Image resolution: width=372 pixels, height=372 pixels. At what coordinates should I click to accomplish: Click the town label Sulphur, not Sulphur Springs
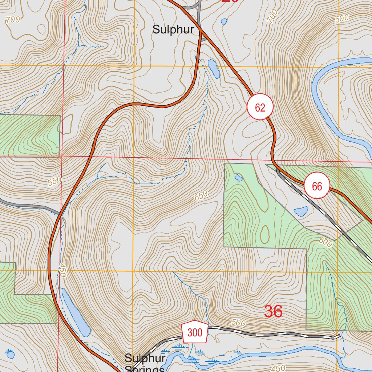point(173,29)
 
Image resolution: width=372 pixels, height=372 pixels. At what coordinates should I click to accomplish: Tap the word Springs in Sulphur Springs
point(145,368)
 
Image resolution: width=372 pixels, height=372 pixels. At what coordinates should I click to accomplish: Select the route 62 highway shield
point(260,107)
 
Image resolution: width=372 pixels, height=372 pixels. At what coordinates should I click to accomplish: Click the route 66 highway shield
point(317,186)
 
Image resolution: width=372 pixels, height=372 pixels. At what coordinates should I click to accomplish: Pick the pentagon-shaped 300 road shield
point(195,332)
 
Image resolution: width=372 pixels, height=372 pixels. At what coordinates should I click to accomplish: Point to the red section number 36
point(273,311)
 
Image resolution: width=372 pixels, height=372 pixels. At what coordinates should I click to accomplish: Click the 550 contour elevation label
point(54,181)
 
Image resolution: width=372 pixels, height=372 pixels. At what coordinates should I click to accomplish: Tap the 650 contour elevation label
point(201,196)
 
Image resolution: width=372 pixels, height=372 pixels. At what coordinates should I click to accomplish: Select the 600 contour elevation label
point(325,243)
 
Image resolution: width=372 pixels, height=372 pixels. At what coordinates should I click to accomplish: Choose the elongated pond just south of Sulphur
point(213,69)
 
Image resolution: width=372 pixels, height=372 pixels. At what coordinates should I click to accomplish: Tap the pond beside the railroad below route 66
point(301,211)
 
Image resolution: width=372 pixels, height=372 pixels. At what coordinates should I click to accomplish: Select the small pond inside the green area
point(239,178)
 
